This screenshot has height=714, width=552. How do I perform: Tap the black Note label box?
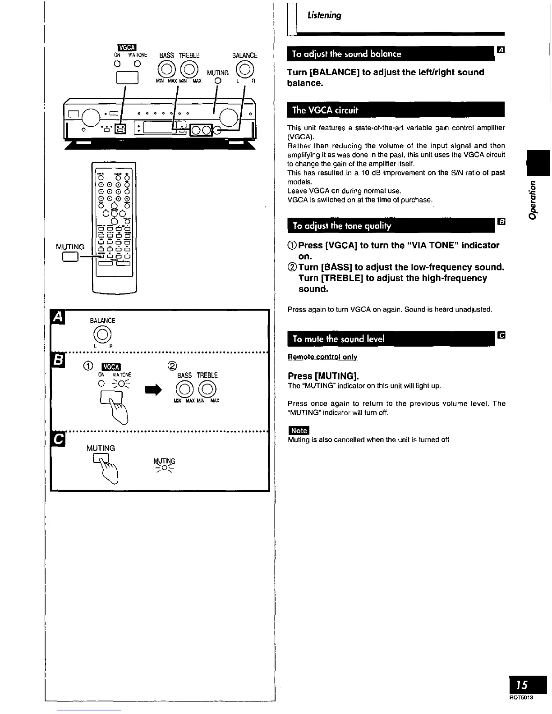pos(299,430)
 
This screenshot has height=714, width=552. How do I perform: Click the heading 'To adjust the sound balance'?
pos(346,54)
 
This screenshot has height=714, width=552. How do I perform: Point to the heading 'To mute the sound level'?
pos(338,339)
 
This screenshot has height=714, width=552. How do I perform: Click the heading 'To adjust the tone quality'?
pos(342,226)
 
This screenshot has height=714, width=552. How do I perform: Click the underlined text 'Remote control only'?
pos(322,357)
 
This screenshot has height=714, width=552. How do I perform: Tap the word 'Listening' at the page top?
pos(324,15)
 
